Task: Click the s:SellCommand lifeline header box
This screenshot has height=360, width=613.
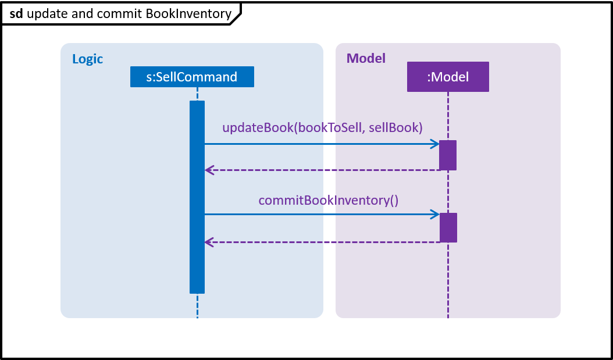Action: (192, 77)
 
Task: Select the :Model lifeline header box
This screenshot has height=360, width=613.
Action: (448, 77)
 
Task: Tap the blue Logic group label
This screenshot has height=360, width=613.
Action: (88, 59)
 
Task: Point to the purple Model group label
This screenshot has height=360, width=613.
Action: (366, 58)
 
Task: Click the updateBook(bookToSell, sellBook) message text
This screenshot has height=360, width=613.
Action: (323, 127)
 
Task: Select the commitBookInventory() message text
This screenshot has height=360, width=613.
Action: (329, 200)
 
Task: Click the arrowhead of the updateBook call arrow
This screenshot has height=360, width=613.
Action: (434, 144)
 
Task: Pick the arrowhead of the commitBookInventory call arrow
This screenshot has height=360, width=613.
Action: (434, 214)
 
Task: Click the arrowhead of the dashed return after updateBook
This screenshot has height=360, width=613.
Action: (209, 170)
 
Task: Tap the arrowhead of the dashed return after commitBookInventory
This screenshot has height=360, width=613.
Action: (209, 243)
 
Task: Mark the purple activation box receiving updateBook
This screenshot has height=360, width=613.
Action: (448, 155)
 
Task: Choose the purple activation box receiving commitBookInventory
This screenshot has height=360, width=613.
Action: (448, 227)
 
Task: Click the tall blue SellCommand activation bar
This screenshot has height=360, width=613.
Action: (197, 197)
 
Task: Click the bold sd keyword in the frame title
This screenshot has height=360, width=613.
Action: (16, 14)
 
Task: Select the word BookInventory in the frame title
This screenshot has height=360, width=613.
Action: (188, 14)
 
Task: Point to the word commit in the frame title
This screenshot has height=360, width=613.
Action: (119, 14)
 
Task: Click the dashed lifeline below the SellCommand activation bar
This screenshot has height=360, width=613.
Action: (197, 306)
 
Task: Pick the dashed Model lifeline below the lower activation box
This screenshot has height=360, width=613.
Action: (448, 280)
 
